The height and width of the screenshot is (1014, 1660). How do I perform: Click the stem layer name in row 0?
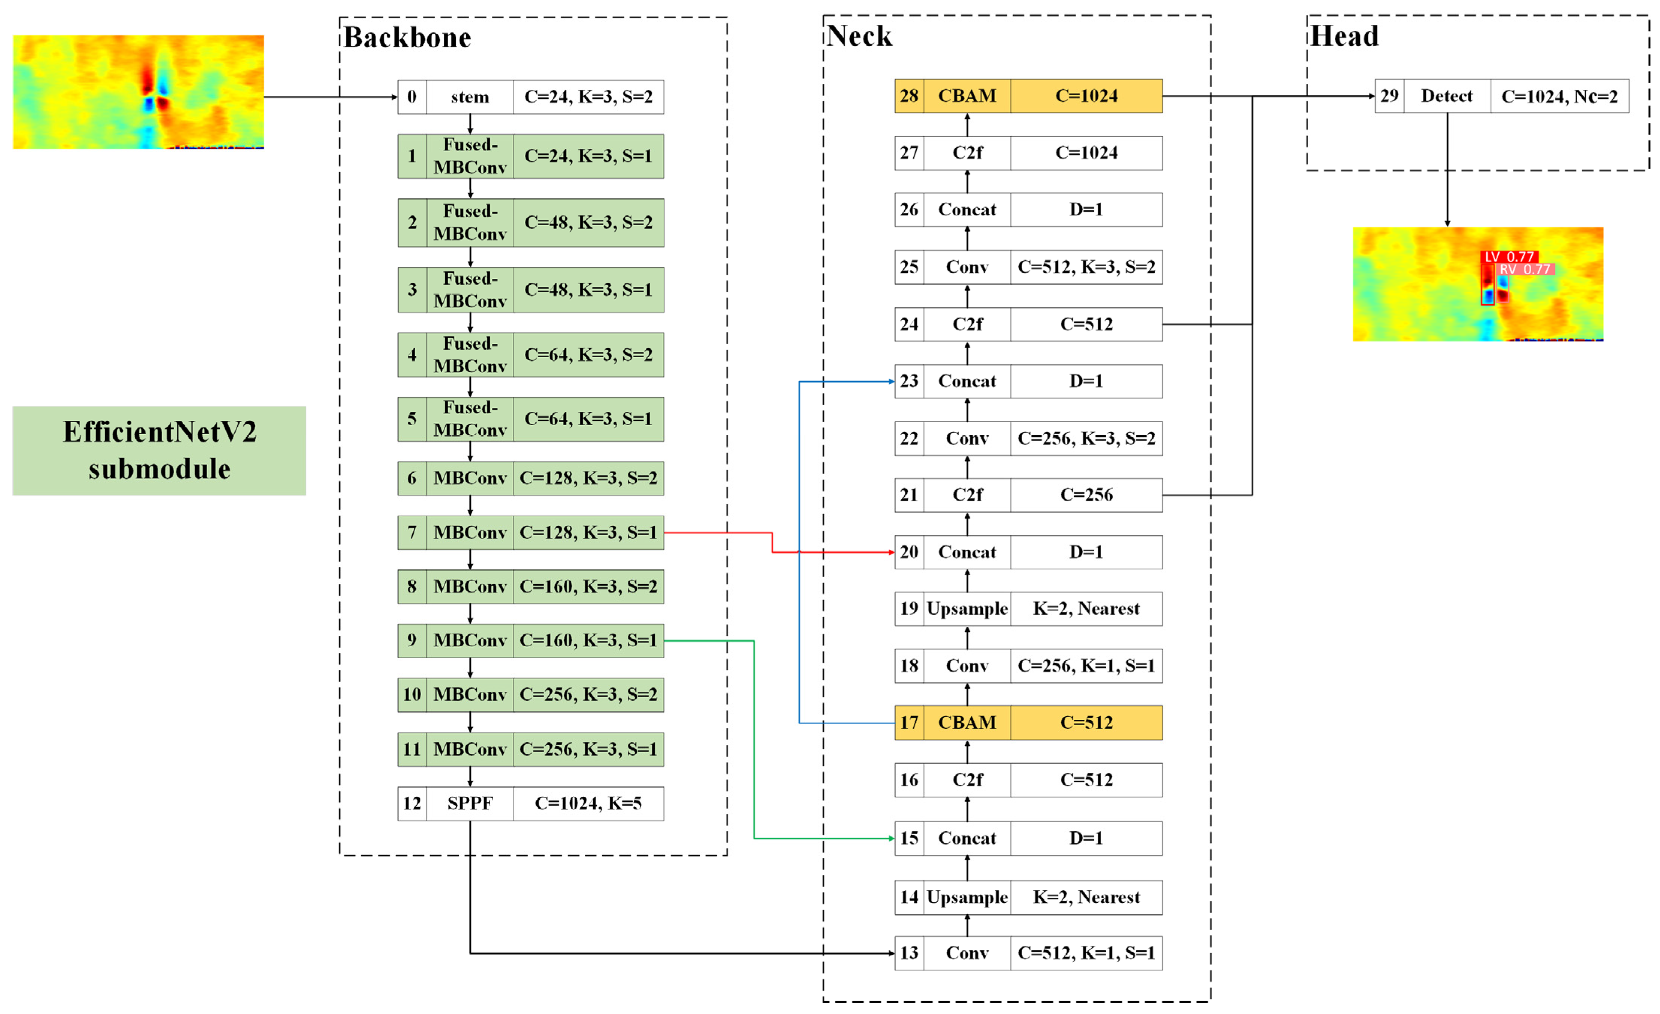pyautogui.click(x=470, y=97)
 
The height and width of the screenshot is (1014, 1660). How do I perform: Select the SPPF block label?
pyautogui.click(x=470, y=803)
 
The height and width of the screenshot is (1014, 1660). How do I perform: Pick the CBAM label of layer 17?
pyautogui.click(x=967, y=722)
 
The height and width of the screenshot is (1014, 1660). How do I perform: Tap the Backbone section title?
pyautogui.click(x=407, y=38)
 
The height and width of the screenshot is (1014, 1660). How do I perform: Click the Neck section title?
pyautogui.click(x=859, y=36)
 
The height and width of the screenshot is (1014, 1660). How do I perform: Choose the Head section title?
pyautogui.click(x=1344, y=36)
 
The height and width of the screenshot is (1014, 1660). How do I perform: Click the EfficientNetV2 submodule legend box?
pyautogui.click(x=159, y=450)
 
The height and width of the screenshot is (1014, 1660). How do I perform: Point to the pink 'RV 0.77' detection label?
pyautogui.click(x=1524, y=269)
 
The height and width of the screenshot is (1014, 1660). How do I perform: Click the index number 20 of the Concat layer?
pyautogui.click(x=909, y=552)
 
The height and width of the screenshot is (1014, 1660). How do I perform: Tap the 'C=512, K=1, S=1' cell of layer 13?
pyautogui.click(x=1086, y=953)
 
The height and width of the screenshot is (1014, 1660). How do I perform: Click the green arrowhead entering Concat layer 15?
pyautogui.click(x=891, y=838)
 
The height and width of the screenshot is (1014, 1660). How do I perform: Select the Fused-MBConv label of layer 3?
pyautogui.click(x=470, y=289)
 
